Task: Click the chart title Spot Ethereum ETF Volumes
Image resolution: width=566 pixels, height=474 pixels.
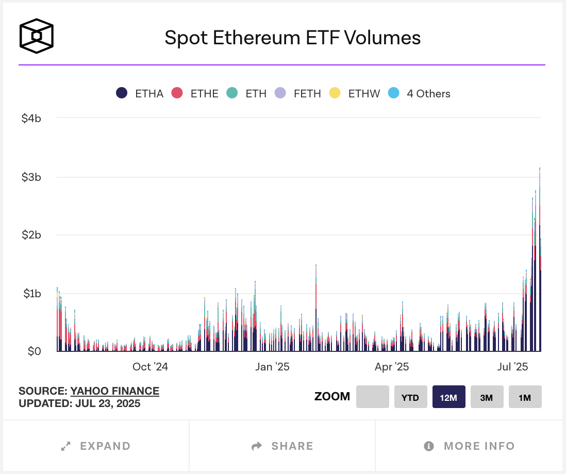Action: coord(292,38)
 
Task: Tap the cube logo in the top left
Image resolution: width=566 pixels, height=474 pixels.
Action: coord(36,36)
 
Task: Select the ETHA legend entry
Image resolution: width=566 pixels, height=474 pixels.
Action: coord(140,93)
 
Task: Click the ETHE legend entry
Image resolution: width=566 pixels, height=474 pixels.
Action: coord(195,93)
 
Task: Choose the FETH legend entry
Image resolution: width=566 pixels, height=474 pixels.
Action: coord(298,93)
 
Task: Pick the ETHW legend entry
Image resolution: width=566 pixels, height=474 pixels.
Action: coord(355,93)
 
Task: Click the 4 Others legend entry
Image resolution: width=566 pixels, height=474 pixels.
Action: coord(420,93)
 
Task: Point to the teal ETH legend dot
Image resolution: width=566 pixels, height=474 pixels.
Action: coord(232,93)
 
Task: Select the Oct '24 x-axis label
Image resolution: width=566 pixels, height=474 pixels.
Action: coord(150,367)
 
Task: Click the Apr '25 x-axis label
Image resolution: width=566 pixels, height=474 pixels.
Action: coord(392,367)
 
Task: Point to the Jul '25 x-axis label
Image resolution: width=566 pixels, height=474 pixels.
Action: coord(512,367)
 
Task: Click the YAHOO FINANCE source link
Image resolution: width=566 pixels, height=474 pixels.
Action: coord(114,391)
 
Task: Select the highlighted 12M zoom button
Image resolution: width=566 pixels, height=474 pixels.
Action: coord(448,397)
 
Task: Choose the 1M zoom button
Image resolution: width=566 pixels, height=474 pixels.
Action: coord(525,397)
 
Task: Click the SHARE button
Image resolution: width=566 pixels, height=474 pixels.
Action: coord(282,446)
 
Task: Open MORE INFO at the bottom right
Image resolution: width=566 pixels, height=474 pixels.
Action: coord(470,446)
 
